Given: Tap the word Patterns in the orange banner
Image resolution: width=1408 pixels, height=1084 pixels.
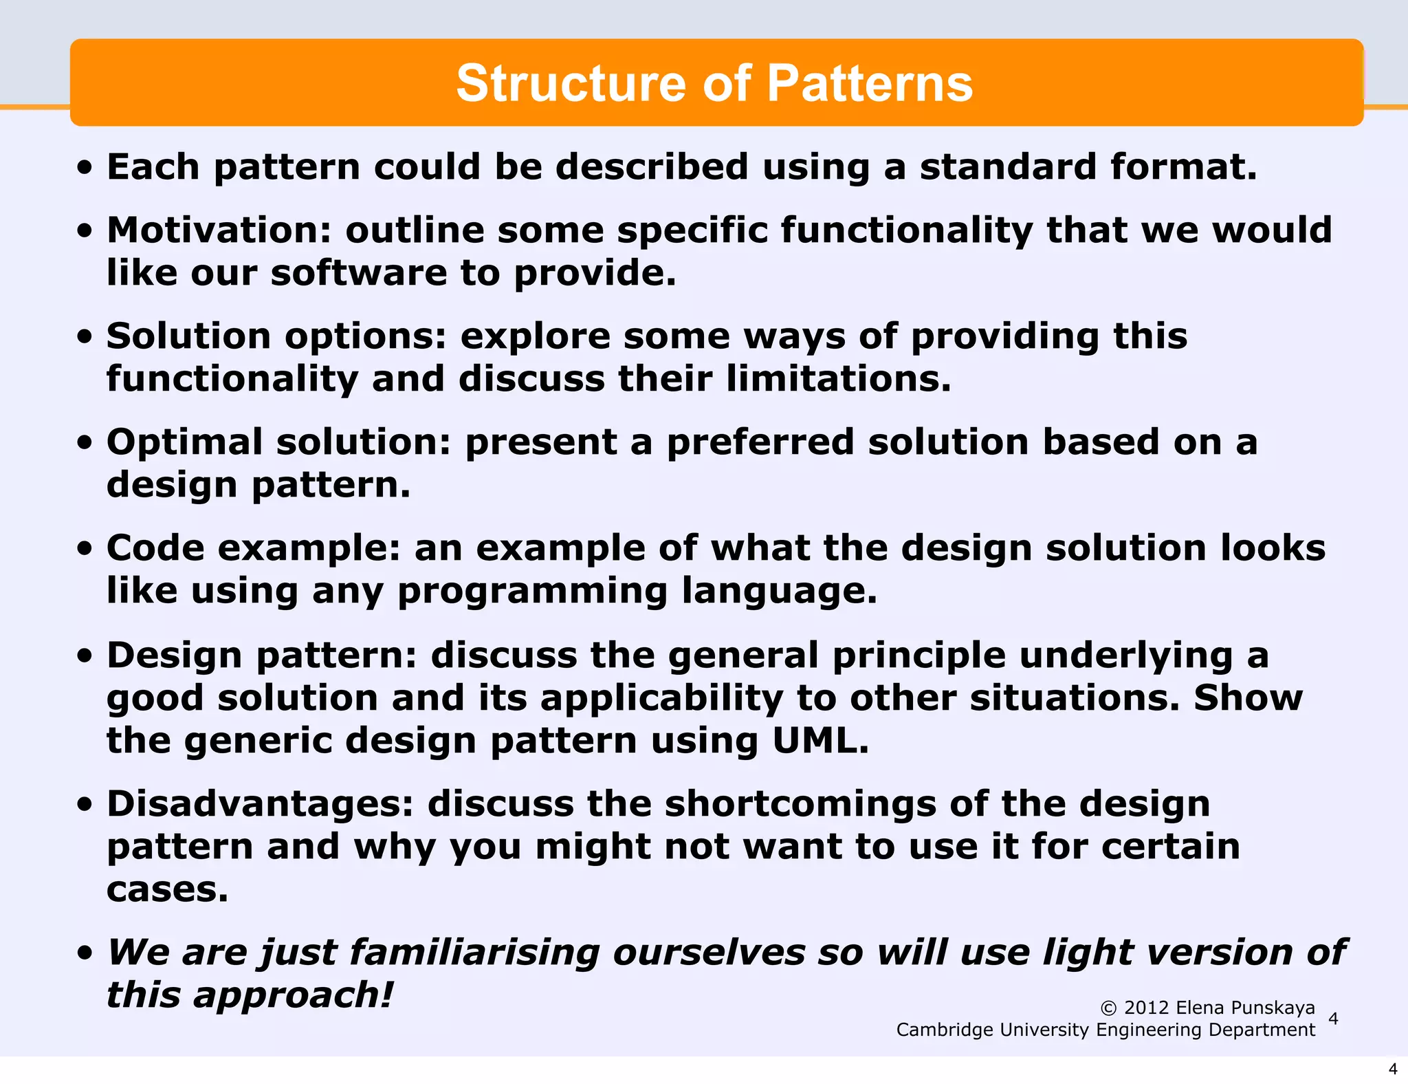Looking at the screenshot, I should click(x=870, y=83).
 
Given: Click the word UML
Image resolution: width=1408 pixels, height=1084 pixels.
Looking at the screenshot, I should click(x=820, y=741).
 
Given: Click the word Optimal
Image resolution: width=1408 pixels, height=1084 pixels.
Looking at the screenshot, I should click(x=184, y=442).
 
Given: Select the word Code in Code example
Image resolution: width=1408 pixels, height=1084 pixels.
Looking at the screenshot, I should click(x=155, y=548).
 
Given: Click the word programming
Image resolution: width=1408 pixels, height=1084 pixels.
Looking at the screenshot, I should click(x=532, y=591).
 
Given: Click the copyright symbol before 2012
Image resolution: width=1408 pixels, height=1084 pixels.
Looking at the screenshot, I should click(x=1108, y=1008).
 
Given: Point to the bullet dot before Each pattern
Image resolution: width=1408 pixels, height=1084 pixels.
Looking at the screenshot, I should click(x=85, y=168).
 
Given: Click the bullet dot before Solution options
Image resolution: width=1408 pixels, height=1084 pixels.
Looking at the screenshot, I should click(x=85, y=337).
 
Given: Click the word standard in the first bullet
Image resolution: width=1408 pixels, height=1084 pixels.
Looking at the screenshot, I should click(x=1008, y=167).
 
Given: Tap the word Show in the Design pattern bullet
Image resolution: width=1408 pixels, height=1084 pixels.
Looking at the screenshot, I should click(x=1248, y=698).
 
